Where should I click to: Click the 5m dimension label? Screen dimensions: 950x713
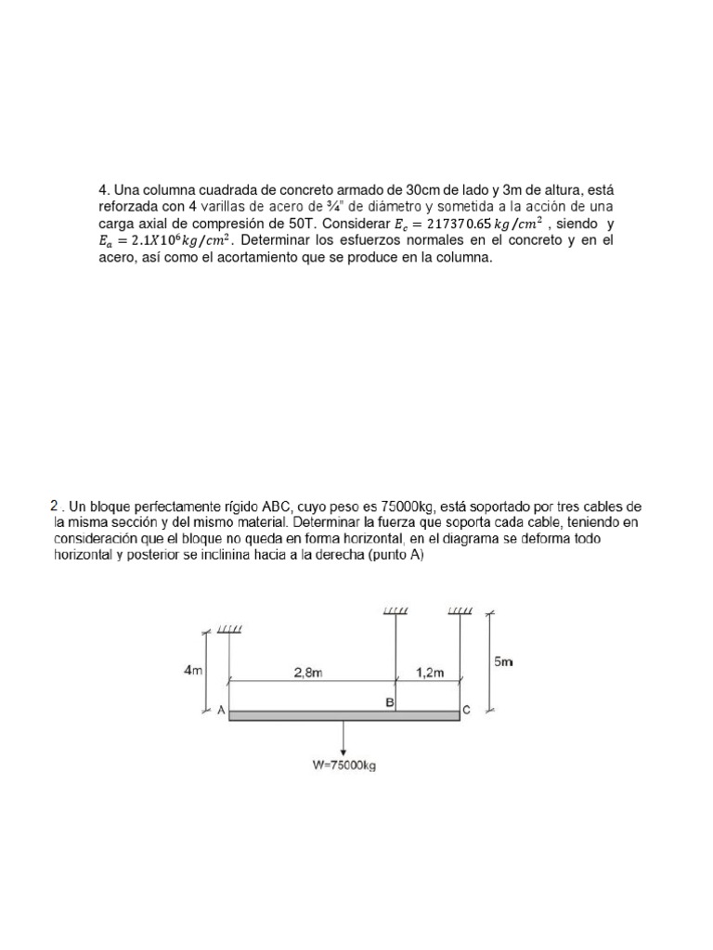(504, 661)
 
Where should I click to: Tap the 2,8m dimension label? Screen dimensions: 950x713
(308, 674)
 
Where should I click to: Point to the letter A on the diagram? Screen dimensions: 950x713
(221, 711)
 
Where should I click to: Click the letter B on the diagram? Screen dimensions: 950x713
(390, 703)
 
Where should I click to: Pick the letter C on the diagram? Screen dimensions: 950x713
(466, 711)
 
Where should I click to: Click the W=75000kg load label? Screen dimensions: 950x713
(344, 765)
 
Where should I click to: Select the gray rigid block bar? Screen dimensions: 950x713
(344, 716)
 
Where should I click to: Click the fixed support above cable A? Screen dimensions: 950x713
(229, 630)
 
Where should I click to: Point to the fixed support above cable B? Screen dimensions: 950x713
(396, 611)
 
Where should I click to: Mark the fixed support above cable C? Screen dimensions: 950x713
(460, 611)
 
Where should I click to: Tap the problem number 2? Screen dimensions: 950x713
(54, 507)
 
